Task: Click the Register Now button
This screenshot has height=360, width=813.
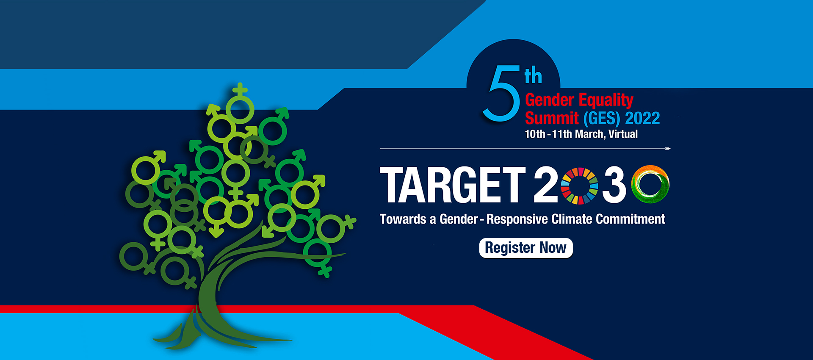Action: pyautogui.click(x=526, y=248)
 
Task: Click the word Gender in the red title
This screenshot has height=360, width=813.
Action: pyautogui.click(x=550, y=100)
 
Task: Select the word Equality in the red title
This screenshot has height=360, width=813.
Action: pyautogui.click(x=606, y=101)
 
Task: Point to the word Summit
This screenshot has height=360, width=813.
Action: pyautogui.click(x=552, y=118)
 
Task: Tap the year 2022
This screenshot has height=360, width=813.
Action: pyautogui.click(x=642, y=118)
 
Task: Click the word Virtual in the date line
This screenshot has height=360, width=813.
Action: pyautogui.click(x=623, y=134)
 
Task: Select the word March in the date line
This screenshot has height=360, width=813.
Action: pyautogui.click(x=590, y=134)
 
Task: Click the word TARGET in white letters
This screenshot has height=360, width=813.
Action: pyautogui.click(x=453, y=185)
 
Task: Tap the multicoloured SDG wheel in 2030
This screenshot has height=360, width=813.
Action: pyautogui.click(x=580, y=186)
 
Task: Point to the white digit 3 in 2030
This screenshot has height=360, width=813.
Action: pyautogui.click(x=614, y=185)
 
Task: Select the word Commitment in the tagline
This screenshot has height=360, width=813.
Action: pyautogui.click(x=630, y=219)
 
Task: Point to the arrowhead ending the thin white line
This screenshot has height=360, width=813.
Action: pyautogui.click(x=668, y=149)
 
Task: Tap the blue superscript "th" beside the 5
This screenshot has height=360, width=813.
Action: pyautogui.click(x=533, y=76)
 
